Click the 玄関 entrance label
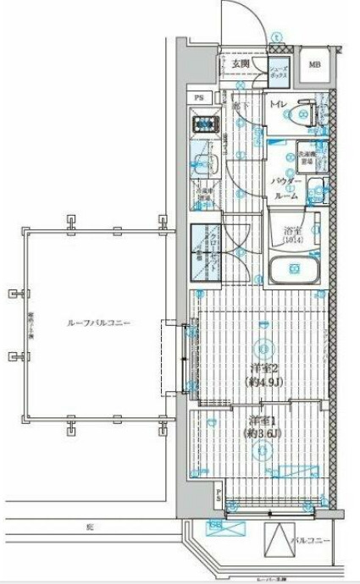click(240, 63)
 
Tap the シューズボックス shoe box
click(280, 72)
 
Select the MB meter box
click(314, 65)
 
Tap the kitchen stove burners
click(206, 124)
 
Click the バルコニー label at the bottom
click(312, 539)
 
